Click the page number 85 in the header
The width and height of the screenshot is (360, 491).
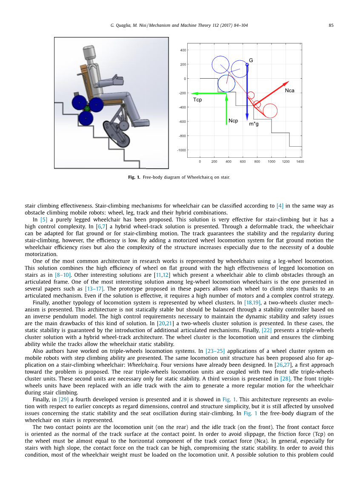[331, 26]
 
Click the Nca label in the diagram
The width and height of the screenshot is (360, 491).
[289, 91]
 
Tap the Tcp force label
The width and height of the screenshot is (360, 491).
[197, 100]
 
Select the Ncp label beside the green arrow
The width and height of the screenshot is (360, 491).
[233, 121]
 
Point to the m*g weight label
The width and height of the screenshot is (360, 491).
[254, 124]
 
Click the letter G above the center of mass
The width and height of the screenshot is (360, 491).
[251, 60]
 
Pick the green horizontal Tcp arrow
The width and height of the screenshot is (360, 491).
[209, 93]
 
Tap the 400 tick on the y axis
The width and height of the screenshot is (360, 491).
[183, 50]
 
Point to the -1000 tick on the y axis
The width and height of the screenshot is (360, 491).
[181, 150]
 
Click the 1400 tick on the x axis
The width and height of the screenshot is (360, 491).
[300, 162]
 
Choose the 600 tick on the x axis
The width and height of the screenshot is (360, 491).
[243, 162]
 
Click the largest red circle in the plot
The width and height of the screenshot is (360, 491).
[270, 111]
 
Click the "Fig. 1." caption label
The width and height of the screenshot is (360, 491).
[134, 177]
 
